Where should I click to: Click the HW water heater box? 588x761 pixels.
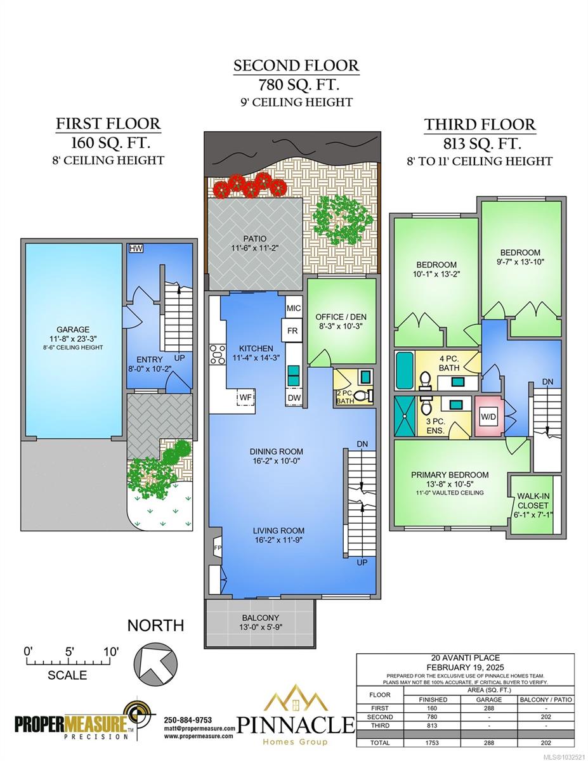click(x=136, y=249)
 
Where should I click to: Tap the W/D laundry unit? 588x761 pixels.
click(x=488, y=417)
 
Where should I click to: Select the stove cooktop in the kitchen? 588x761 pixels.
click(x=217, y=354)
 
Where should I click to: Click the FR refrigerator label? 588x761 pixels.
click(x=292, y=330)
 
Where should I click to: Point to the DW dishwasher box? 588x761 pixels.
click(x=294, y=398)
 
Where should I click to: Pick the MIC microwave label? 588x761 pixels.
click(x=294, y=308)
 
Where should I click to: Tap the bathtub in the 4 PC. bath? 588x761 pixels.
click(x=405, y=370)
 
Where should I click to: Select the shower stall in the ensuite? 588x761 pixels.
click(x=405, y=416)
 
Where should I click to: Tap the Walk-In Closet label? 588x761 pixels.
click(x=533, y=500)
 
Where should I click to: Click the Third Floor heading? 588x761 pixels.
click(x=480, y=124)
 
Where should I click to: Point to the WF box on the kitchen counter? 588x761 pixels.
click(x=246, y=397)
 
